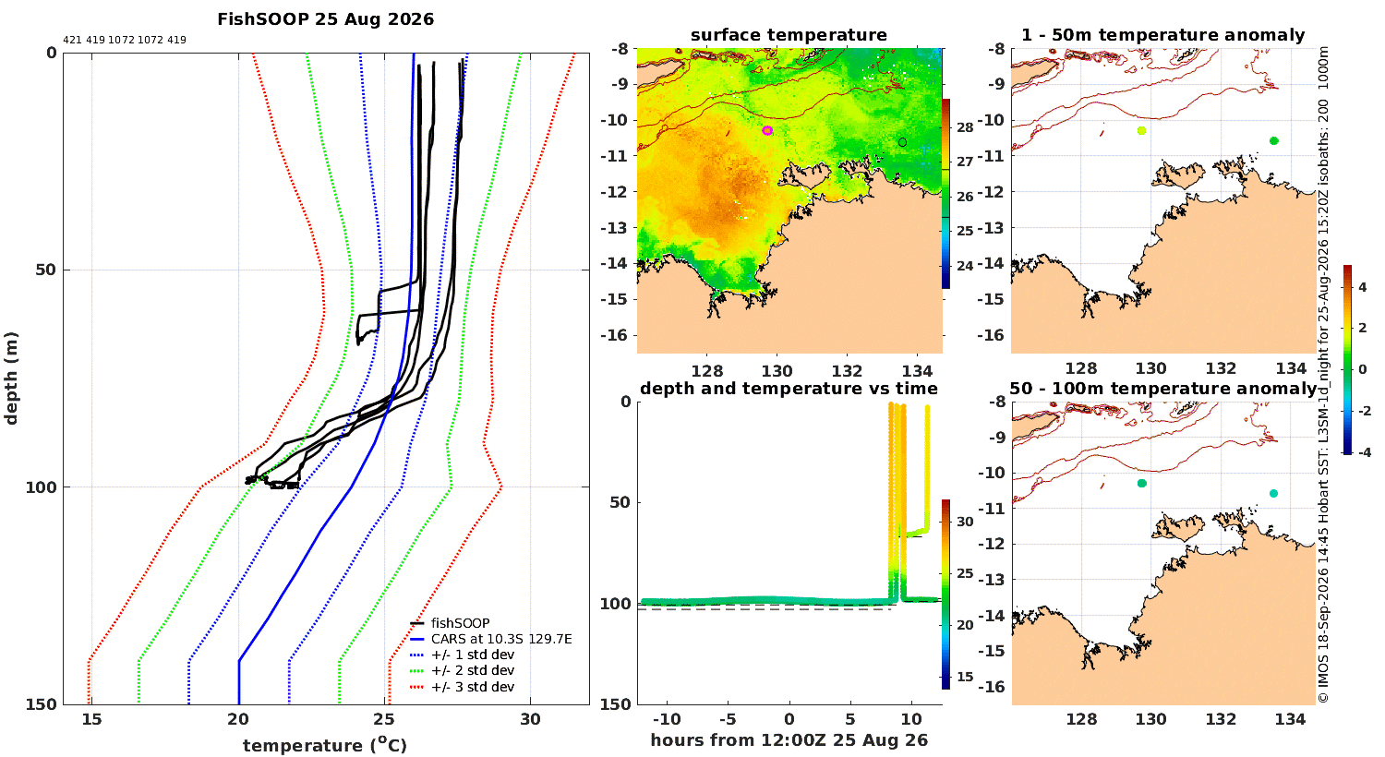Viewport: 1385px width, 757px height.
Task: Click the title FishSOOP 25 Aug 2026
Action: [x=325, y=19]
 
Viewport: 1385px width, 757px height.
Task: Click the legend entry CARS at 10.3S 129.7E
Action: [x=501, y=638]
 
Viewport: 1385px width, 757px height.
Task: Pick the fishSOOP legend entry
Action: [x=461, y=623]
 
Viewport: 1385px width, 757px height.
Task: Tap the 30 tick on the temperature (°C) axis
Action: [x=531, y=719]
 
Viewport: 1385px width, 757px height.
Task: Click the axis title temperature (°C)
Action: [x=325, y=745]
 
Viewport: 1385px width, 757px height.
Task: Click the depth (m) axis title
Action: [x=11, y=378]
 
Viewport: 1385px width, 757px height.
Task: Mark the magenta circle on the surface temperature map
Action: [x=767, y=130]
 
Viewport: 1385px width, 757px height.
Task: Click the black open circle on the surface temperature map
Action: [x=902, y=142]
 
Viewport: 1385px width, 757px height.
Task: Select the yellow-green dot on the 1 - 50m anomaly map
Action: [x=1141, y=130]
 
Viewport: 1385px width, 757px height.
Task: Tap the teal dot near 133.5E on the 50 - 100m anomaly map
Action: [x=1273, y=493]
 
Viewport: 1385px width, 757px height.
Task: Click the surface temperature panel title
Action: [x=789, y=35]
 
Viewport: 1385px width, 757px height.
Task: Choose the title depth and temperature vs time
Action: [x=789, y=388]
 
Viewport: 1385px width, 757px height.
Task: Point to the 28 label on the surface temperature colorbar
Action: [x=965, y=127]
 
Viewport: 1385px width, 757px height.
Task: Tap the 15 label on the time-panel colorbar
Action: [x=965, y=677]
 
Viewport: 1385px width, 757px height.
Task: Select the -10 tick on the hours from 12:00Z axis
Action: [x=668, y=719]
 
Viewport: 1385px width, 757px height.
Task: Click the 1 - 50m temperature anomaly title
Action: [x=1163, y=35]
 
